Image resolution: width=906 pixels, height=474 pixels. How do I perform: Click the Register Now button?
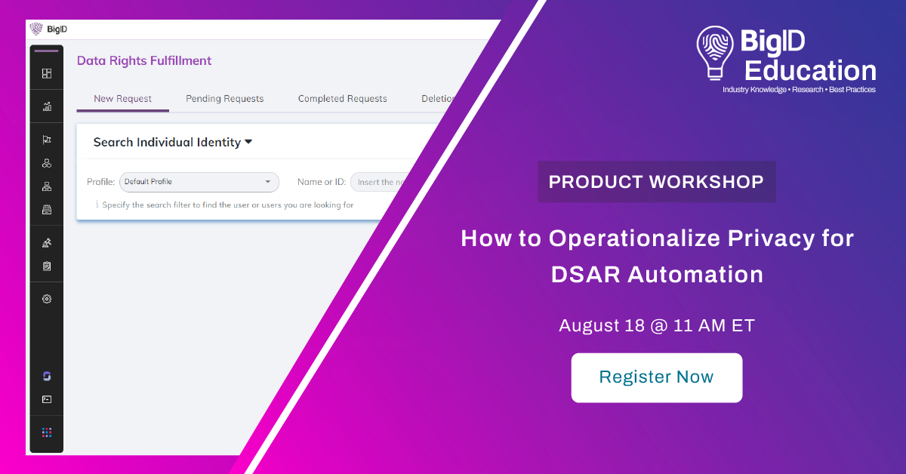click(x=656, y=377)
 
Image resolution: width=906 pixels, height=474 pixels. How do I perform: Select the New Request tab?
click(x=122, y=99)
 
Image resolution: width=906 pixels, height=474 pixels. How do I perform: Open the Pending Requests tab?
click(x=224, y=99)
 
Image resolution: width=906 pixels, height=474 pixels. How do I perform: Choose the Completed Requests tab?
click(x=342, y=99)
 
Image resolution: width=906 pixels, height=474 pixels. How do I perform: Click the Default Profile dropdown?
click(x=199, y=182)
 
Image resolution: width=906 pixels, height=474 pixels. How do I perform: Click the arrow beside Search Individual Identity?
click(x=248, y=142)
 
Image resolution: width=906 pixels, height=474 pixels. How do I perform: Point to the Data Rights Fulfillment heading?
click(x=144, y=60)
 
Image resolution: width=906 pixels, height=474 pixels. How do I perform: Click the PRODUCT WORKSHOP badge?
click(x=656, y=182)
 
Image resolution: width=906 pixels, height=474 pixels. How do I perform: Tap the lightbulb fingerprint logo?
click(x=715, y=53)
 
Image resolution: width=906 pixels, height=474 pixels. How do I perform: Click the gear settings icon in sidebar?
click(x=47, y=299)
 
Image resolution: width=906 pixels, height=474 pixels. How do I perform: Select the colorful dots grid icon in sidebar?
click(x=47, y=432)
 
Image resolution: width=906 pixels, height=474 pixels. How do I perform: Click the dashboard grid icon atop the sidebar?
click(x=47, y=74)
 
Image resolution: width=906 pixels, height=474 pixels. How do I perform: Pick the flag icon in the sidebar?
click(x=47, y=140)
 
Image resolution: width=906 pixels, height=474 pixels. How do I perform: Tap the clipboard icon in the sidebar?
click(x=47, y=266)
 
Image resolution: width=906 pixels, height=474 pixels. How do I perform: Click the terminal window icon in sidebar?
click(x=47, y=399)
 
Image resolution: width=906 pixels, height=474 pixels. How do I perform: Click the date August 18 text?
click(x=602, y=325)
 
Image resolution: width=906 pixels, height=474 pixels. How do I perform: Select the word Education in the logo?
click(x=811, y=70)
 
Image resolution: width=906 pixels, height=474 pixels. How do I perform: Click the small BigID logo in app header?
click(x=48, y=29)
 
